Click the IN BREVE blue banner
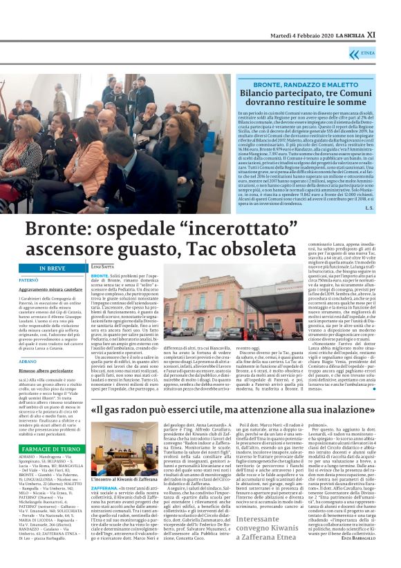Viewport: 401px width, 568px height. pyautogui.click(x=52, y=268)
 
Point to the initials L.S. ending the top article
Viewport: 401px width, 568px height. pyautogui.click(x=369, y=208)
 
